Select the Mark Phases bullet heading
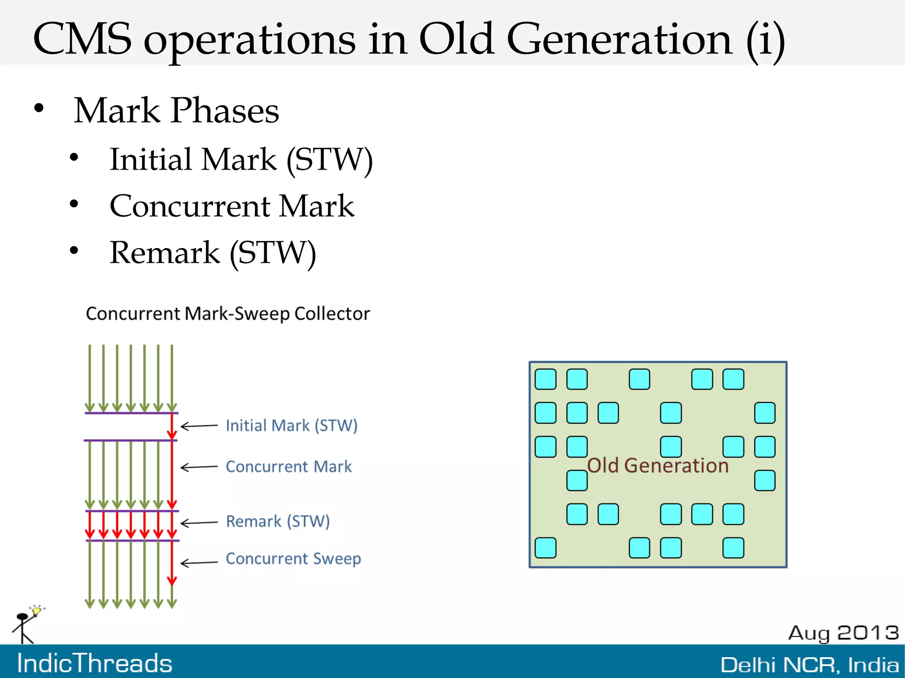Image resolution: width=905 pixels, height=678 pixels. point(176,110)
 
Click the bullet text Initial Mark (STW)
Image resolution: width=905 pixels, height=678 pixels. point(241,159)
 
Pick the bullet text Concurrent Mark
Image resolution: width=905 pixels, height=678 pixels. point(232,206)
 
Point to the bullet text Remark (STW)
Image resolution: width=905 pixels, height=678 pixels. point(213,253)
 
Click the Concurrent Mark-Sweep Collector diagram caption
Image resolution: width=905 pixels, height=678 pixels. point(228,314)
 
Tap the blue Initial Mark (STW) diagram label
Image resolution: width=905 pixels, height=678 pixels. point(291,426)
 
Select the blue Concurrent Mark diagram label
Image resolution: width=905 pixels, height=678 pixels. point(289,467)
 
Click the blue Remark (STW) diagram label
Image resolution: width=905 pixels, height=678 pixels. point(278,522)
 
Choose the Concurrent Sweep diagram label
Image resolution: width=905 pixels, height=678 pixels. point(293,559)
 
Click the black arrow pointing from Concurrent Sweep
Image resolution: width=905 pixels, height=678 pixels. point(199,563)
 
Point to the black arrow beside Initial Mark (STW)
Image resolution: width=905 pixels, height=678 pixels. point(199,426)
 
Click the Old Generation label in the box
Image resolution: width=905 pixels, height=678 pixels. point(658,466)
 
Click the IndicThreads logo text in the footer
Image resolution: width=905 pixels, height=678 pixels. point(95,663)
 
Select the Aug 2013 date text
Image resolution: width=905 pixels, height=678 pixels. point(843,633)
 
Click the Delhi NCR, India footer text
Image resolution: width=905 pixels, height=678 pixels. point(809,665)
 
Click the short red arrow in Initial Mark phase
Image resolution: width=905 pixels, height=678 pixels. point(172,427)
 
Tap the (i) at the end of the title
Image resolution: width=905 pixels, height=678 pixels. point(765,40)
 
